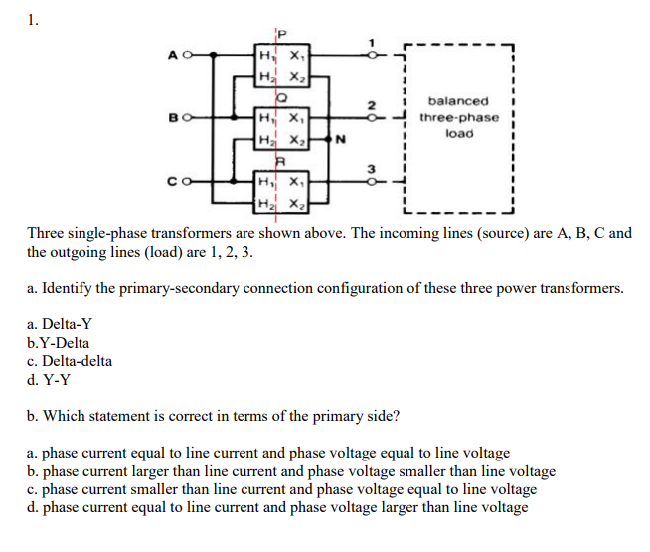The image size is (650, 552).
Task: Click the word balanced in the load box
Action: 457,101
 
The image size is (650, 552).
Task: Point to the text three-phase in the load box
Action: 459,117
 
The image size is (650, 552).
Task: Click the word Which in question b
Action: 68,416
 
